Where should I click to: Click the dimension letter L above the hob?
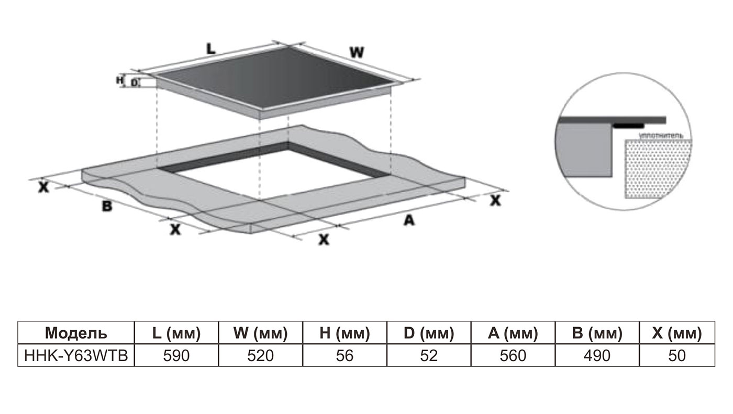click(210, 49)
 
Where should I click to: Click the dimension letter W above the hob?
click(357, 52)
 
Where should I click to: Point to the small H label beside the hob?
click(119, 80)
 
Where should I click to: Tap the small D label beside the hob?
click(134, 82)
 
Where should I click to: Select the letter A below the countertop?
click(408, 221)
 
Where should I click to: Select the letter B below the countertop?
click(107, 206)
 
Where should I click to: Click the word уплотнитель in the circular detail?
click(660, 135)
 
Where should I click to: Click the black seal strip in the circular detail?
click(628, 126)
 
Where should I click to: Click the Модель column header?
click(76, 333)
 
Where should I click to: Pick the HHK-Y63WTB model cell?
click(76, 355)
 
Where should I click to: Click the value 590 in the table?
click(176, 355)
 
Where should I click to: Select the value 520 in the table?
click(260, 355)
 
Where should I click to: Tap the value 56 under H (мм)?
click(345, 355)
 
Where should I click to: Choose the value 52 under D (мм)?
click(429, 355)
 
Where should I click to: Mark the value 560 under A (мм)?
click(513, 355)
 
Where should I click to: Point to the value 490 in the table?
click(597, 355)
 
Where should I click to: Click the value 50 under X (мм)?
click(677, 355)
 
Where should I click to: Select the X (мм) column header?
click(677, 333)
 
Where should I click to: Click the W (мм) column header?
click(260, 333)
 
